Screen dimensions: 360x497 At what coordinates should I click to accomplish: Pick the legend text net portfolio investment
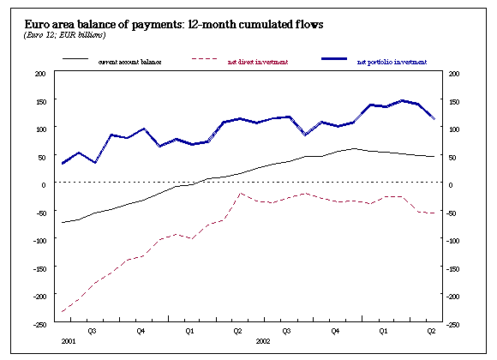coord(391,63)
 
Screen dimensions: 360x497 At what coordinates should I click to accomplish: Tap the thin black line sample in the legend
coord(75,60)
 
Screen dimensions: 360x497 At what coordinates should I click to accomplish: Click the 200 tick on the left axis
coord(39,74)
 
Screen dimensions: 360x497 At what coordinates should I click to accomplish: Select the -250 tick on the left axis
coord(38,324)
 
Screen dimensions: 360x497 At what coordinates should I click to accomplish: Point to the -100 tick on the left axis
coord(38,241)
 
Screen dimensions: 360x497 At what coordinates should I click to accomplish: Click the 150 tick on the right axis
coord(453,101)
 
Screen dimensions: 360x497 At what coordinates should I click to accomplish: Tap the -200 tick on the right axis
coord(454,297)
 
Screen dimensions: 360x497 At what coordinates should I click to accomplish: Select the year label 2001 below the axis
coord(68,340)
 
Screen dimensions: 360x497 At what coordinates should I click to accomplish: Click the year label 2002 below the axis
coord(265,340)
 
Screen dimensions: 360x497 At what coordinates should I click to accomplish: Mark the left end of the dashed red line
coord(62,311)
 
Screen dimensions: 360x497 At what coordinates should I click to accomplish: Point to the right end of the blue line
coord(434,118)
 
